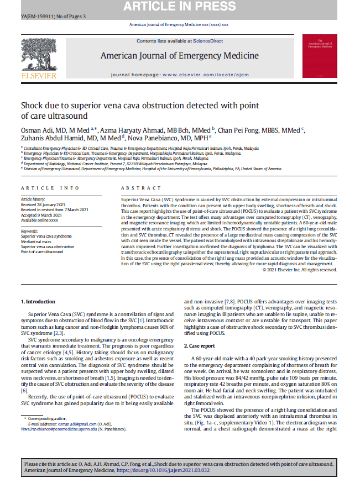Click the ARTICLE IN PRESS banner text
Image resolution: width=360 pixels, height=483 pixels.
pyautogui.click(x=180, y=7)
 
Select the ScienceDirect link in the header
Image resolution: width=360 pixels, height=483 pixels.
pyautogui.click(x=208, y=41)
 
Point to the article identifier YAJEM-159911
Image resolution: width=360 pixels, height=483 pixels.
pyautogui.click(x=34, y=17)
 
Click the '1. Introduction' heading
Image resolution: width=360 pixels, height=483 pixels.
pyautogui.click(x=38, y=301)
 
